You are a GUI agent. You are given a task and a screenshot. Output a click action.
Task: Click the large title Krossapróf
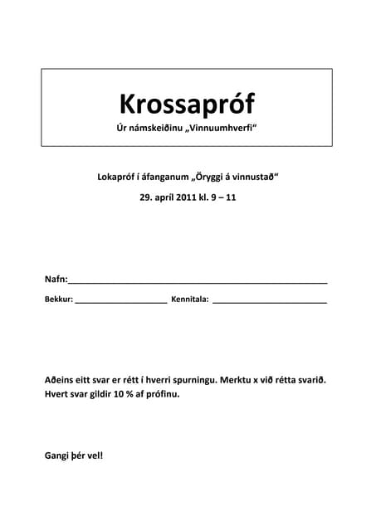pos(187,104)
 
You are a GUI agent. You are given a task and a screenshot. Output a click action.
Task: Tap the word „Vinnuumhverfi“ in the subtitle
pos(220,131)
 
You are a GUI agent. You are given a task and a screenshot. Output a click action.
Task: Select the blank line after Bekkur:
pos(121,302)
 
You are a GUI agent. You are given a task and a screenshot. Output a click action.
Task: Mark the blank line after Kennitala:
pos(270,302)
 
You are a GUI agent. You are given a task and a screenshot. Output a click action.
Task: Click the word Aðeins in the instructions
pos(61,379)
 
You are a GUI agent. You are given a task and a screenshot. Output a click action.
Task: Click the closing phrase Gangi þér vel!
pos(74,455)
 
